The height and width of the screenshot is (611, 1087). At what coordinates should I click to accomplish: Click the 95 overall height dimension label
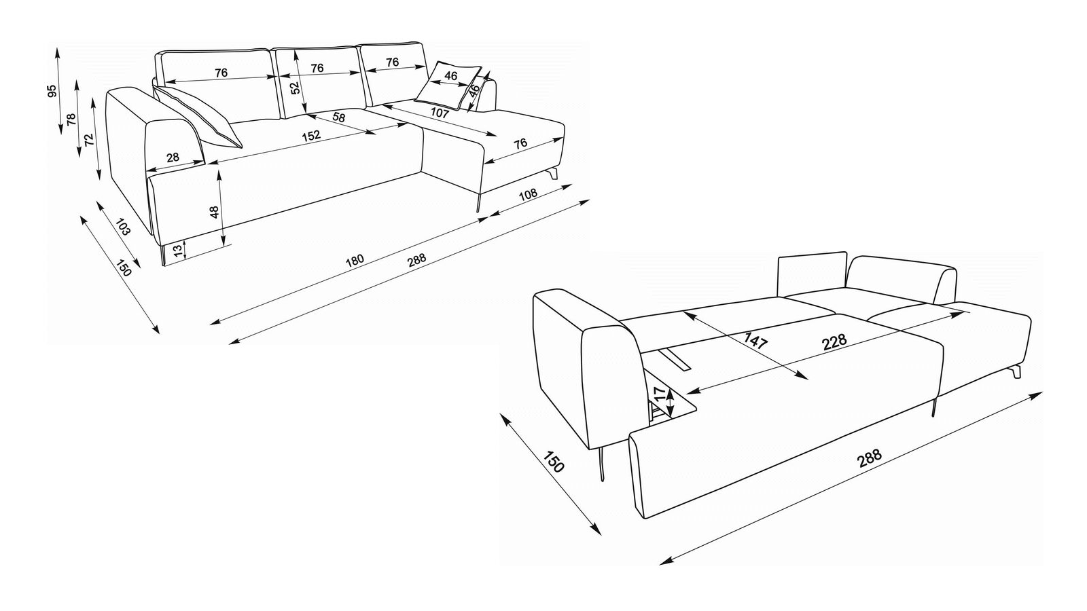52,91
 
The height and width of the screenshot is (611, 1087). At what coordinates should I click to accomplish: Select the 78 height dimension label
71,119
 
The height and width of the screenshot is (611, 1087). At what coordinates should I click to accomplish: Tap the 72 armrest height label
89,140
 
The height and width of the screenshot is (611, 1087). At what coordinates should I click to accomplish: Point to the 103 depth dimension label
124,226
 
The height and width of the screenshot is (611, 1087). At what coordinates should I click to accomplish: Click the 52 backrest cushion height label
295,88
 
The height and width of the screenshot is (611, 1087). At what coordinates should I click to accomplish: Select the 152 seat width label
311,135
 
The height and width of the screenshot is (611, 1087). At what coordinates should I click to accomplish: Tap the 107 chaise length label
440,113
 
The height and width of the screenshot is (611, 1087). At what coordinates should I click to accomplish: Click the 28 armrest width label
173,157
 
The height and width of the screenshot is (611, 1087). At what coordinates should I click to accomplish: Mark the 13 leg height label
178,251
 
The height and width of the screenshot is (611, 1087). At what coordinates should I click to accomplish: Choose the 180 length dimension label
354,261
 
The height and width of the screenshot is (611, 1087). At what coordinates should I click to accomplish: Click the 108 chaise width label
529,194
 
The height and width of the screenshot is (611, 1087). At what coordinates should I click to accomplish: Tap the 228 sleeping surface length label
834,341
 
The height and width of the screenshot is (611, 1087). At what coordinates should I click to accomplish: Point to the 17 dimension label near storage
659,393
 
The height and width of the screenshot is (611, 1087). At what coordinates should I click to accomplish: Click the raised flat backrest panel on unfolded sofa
813,274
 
